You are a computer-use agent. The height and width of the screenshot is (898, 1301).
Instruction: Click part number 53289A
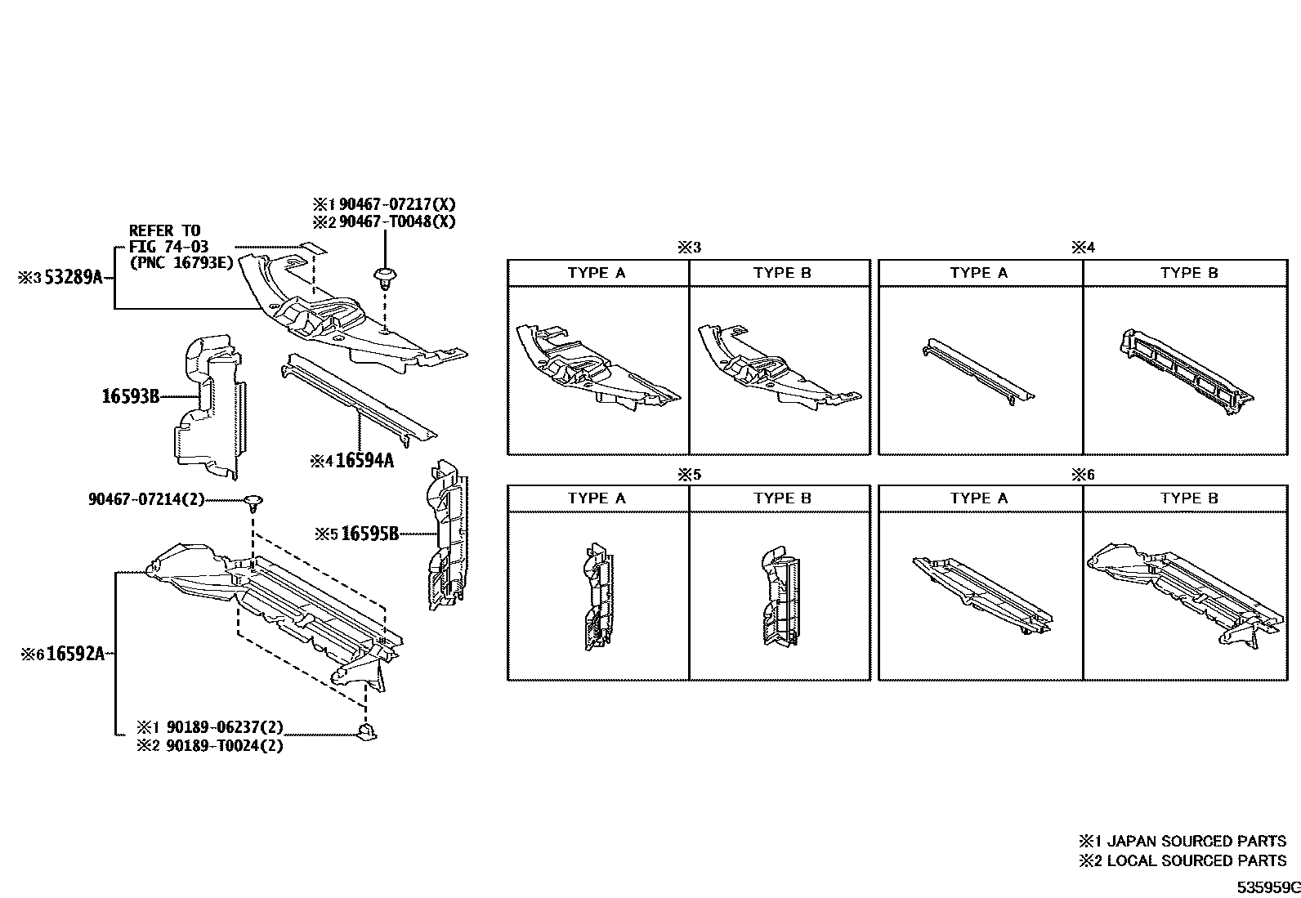click(x=74, y=278)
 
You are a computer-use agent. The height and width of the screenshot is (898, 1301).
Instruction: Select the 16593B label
click(x=131, y=397)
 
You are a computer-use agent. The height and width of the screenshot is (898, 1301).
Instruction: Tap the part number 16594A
click(x=364, y=461)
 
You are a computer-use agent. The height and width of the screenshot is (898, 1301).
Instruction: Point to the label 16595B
click(x=369, y=534)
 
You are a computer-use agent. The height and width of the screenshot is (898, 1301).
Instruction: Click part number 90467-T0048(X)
click(x=397, y=221)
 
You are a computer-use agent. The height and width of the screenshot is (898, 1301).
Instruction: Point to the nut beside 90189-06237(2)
click(x=366, y=731)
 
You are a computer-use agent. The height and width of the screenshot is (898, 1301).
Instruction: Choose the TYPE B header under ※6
click(x=1189, y=498)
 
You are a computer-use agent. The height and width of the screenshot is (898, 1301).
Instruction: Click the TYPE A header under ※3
click(x=597, y=273)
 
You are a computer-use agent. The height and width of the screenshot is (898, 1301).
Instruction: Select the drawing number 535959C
click(x=1267, y=887)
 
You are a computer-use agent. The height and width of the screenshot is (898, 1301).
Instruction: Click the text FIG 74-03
click(x=168, y=247)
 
